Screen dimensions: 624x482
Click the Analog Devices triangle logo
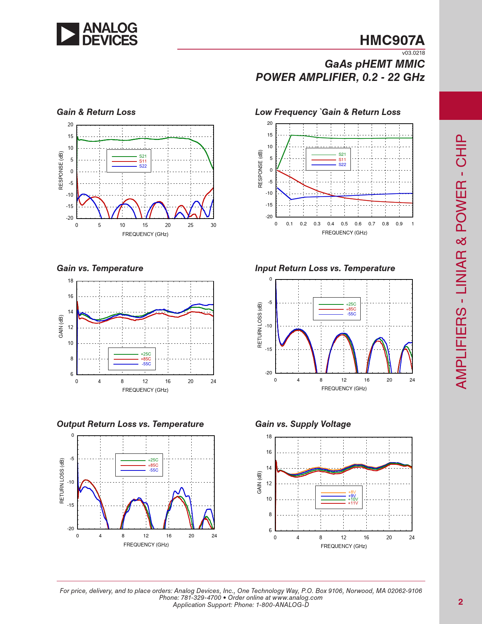[x=68, y=34]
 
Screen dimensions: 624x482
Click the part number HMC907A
[x=392, y=40]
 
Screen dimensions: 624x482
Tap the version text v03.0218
[x=413, y=53]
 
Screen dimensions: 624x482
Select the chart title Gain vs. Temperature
[x=100, y=268]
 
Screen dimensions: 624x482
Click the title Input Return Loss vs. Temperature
[x=325, y=268]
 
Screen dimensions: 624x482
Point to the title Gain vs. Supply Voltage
[x=303, y=424]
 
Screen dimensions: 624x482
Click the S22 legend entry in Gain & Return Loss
[x=143, y=166]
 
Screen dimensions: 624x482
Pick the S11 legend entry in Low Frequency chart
[x=342, y=160]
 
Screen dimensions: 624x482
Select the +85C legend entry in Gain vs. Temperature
[x=146, y=359]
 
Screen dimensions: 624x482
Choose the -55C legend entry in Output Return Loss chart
[x=153, y=470]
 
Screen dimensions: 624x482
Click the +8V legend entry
[x=352, y=492]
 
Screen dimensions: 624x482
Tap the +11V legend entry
[x=353, y=503]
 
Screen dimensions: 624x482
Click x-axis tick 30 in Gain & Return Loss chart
[x=213, y=225]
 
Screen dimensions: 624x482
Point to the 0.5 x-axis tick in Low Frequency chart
[x=344, y=224]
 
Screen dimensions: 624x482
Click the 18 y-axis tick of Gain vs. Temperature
[x=71, y=281]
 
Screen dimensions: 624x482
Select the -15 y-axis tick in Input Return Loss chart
[x=268, y=349]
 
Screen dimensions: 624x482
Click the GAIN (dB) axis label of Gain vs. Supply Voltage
[x=259, y=482]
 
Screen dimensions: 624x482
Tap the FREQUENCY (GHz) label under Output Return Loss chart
[x=146, y=545]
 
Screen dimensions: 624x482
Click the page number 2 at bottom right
[x=460, y=602]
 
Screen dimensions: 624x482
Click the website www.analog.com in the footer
[x=297, y=598]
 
